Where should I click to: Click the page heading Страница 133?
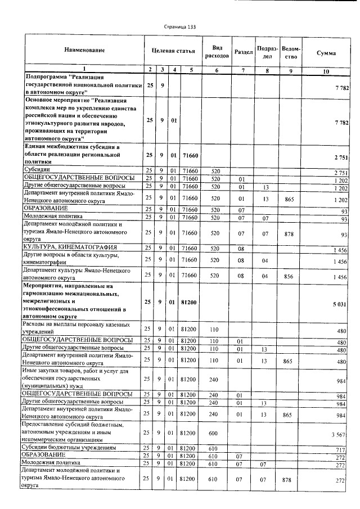pyautogui.click(x=180, y=26)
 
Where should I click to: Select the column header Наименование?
pyautogui.click(x=84, y=51)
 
